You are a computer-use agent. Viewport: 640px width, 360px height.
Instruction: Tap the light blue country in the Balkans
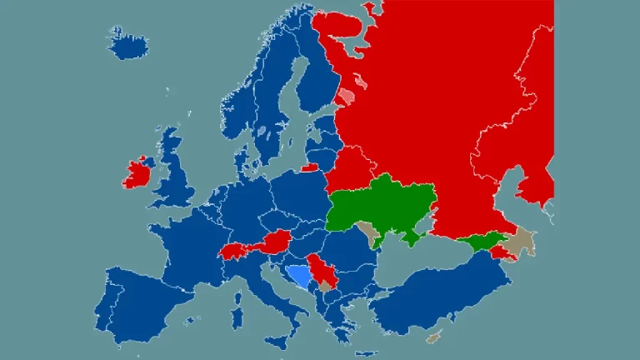(x=297, y=274)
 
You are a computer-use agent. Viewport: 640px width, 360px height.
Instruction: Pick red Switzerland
(x=237, y=250)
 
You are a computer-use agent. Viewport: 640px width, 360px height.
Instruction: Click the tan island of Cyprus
(x=432, y=337)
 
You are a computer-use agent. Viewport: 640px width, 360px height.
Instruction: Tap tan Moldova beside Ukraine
(x=367, y=232)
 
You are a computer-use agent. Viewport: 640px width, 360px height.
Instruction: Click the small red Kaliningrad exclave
(x=309, y=167)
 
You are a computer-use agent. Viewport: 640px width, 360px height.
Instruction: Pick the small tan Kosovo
(x=324, y=286)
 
